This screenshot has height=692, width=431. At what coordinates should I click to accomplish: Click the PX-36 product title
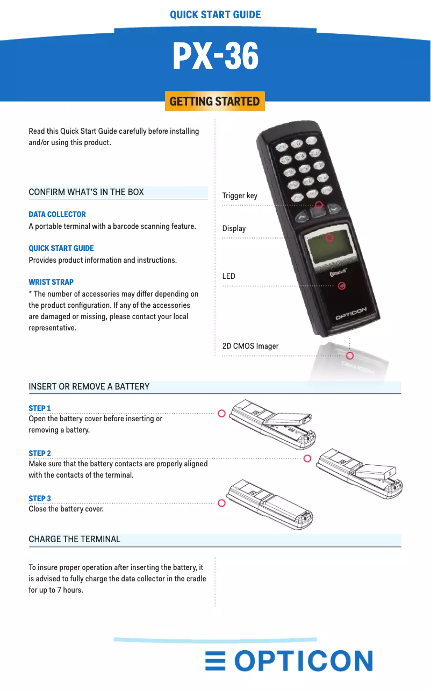215,56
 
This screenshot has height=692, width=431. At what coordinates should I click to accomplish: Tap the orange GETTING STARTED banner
215,101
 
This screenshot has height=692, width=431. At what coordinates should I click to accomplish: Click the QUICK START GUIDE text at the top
215,15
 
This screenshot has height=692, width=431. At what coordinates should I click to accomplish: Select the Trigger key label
240,196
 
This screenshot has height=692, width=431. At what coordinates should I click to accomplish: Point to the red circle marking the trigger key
319,205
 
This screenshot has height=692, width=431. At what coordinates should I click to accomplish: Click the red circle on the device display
329,237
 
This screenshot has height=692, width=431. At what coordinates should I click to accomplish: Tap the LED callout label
229,276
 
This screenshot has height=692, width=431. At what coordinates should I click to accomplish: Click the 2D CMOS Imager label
250,346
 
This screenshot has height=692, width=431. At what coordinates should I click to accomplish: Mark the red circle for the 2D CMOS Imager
350,356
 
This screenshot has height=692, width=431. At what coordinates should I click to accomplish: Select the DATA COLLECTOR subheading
57,214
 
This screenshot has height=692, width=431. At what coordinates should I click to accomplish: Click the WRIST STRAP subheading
51,282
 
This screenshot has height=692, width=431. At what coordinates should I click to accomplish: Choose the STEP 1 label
40,408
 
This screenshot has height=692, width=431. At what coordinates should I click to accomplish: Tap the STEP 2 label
40,453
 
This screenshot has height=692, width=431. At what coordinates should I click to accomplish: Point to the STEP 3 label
40,499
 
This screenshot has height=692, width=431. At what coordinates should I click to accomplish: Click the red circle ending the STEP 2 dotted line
307,458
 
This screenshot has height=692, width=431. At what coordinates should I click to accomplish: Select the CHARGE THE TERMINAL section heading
74,539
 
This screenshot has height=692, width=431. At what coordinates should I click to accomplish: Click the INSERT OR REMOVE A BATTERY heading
89,386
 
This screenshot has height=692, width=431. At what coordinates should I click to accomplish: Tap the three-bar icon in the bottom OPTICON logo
215,661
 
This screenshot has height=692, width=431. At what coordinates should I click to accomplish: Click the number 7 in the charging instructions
60,590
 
